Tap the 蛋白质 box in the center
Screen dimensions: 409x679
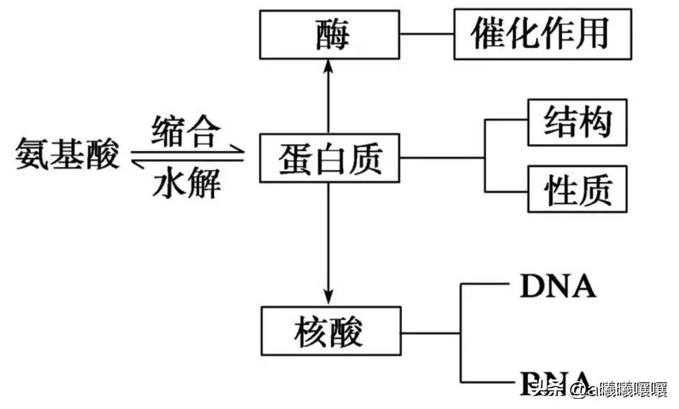330,159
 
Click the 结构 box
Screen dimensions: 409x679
577,122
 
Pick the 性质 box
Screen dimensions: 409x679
577,189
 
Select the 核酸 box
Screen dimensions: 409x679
330,332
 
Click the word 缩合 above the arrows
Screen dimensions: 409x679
186,131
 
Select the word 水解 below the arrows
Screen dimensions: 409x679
186,183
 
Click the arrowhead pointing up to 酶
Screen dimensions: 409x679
329,65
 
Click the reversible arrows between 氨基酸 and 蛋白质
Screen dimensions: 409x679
186,155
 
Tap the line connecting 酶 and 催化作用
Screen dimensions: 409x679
427,34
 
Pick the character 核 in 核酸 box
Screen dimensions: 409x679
311,332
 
